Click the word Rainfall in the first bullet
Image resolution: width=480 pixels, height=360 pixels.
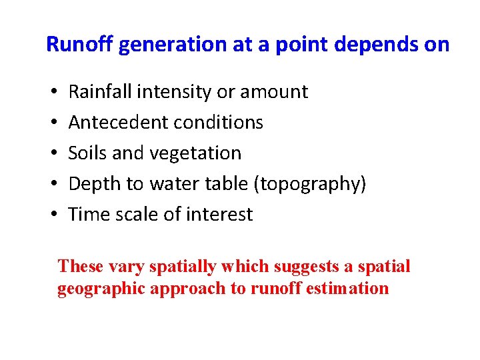point(97,91)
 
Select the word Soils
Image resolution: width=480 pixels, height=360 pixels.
point(87,153)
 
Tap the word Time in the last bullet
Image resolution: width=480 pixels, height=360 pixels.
point(86,215)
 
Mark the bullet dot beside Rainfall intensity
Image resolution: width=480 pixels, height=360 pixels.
point(52,92)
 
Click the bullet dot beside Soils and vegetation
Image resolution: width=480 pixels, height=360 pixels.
point(52,153)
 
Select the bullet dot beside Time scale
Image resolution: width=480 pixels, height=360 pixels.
point(52,215)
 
